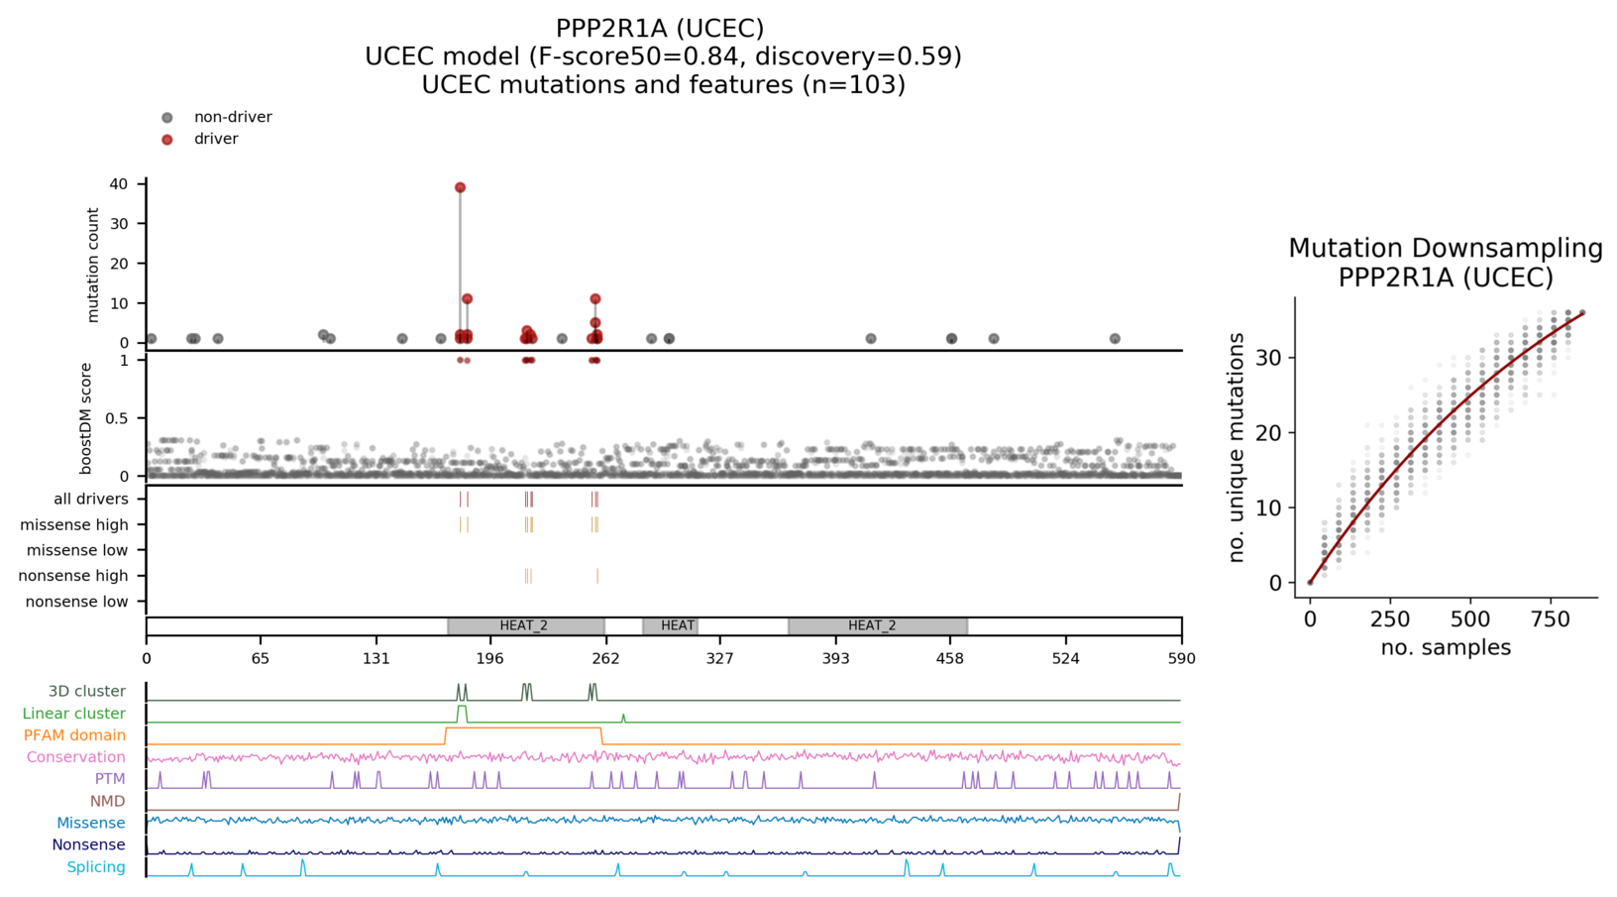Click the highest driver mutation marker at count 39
[460, 187]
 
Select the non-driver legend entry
[232, 117]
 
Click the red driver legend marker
[167, 140]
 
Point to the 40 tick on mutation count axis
[119, 184]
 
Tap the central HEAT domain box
[678, 625]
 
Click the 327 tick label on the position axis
[720, 658]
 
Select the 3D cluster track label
[87, 692]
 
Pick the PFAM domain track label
[74, 735]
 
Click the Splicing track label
[96, 867]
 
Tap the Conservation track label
[76, 757]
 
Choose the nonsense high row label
[76, 576]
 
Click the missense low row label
[77, 550]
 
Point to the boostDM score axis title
[86, 418]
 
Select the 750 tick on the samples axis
[1551, 619]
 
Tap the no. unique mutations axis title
[1236, 448]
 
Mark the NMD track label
[107, 801]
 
